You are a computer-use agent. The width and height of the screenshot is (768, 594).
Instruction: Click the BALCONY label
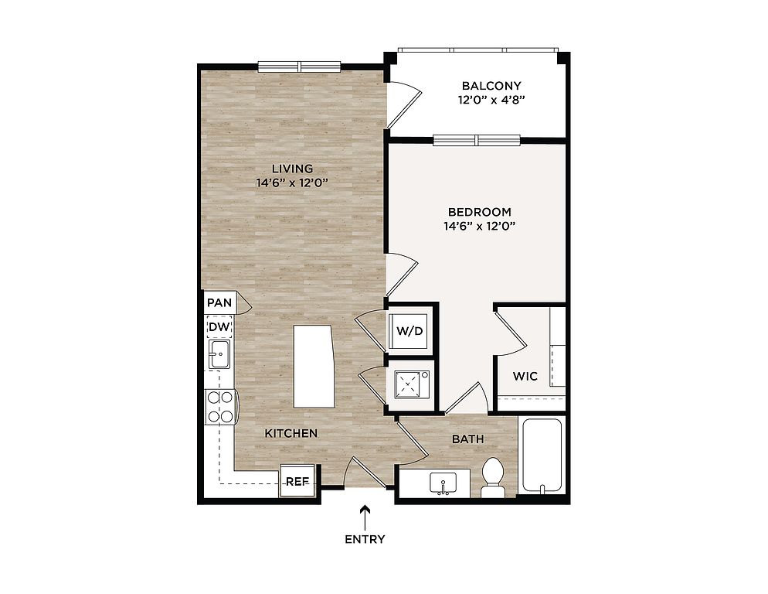491,86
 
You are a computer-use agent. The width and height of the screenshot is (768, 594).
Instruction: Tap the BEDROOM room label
480,212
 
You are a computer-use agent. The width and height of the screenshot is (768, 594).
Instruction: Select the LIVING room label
292,169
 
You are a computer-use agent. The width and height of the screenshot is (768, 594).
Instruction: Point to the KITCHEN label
291,434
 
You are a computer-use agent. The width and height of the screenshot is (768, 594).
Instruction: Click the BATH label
467,439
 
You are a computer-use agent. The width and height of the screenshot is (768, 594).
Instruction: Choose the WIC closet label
525,376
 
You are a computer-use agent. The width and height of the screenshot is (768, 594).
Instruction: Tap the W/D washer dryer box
409,330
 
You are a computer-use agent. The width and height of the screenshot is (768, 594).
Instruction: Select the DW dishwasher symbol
219,327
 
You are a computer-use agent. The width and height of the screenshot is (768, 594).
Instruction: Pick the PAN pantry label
219,302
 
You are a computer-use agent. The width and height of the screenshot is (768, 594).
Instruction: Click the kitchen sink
219,354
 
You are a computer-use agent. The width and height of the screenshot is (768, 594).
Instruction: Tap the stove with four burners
220,407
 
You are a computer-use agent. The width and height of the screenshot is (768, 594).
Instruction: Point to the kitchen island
313,366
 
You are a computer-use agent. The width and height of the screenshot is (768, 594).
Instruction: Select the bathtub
542,455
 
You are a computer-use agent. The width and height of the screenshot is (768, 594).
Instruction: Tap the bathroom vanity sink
443,483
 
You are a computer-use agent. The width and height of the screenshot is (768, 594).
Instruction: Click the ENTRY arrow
365,517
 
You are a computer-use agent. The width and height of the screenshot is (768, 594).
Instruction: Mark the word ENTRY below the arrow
365,540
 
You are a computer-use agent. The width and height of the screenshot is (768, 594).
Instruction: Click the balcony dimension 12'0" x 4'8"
491,101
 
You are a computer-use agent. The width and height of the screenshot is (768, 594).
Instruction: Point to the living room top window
299,67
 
